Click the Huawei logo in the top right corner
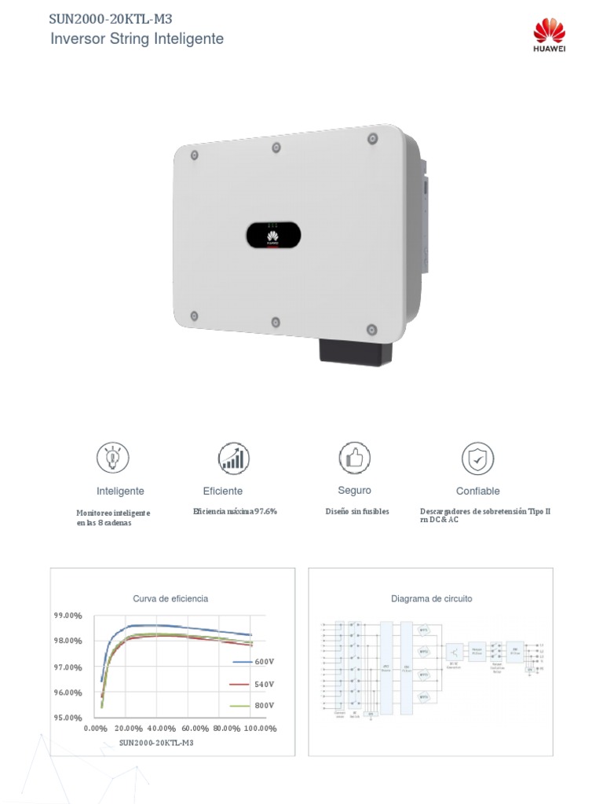click(x=550, y=36)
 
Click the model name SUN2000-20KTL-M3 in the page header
click(x=110, y=19)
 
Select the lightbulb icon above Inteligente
click(x=113, y=457)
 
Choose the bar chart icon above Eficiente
click(x=233, y=457)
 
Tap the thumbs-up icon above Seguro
click(x=355, y=457)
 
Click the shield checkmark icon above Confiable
click(x=477, y=458)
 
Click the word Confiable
click(x=477, y=491)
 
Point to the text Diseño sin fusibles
click(x=357, y=511)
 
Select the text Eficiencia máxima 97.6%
click(x=236, y=511)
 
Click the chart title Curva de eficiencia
click(x=170, y=598)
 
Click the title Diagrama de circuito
click(x=432, y=598)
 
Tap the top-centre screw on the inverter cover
click(x=276, y=148)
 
